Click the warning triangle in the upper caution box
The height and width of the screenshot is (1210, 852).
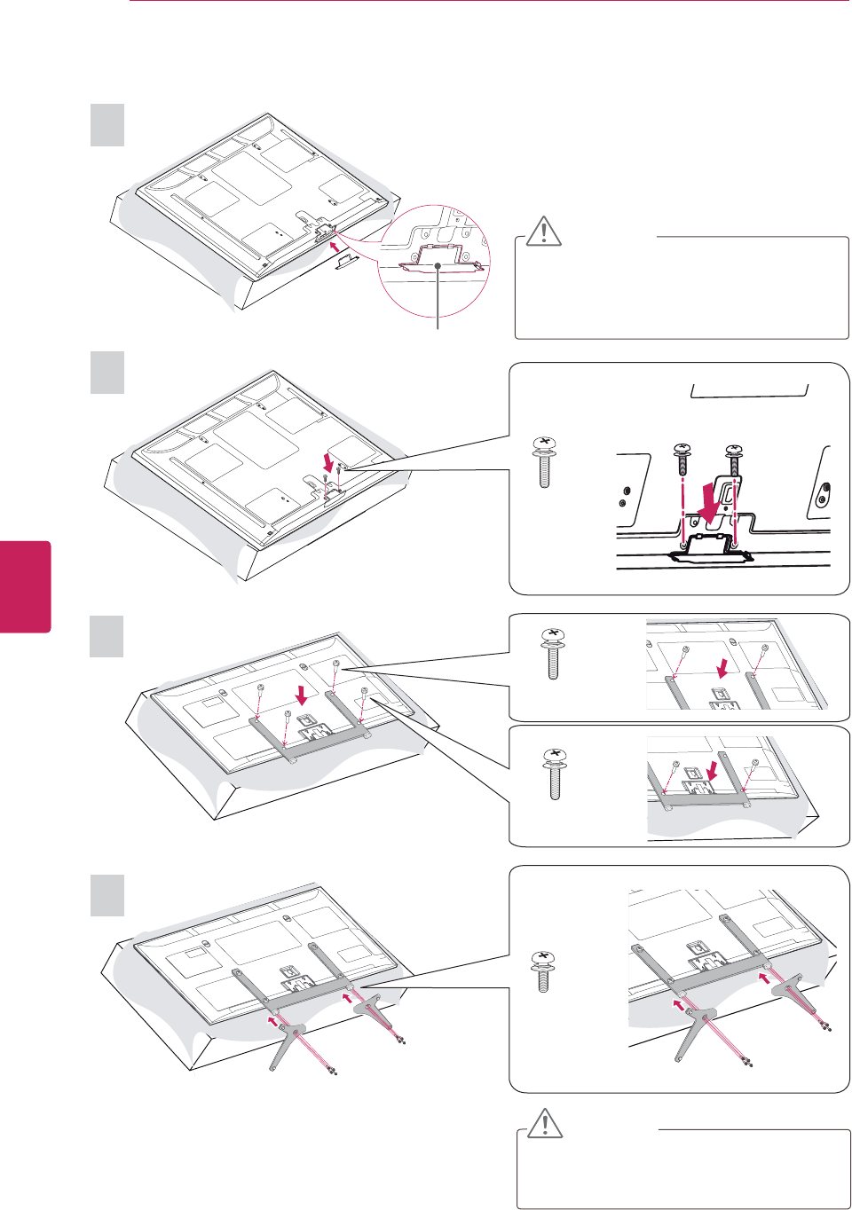[x=543, y=230]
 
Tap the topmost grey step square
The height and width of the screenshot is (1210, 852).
[x=107, y=125]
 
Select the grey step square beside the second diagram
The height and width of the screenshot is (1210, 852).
[x=107, y=373]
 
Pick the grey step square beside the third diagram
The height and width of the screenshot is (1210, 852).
[x=107, y=636]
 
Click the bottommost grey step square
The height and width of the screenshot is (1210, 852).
[x=107, y=895]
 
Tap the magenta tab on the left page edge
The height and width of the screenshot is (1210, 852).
[x=25, y=586]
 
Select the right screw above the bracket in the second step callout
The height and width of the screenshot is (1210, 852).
[x=734, y=459]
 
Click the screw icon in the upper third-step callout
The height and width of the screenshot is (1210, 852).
[x=554, y=654]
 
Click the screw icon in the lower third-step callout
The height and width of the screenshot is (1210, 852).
[x=555, y=774]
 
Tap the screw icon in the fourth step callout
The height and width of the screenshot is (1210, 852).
[x=541, y=971]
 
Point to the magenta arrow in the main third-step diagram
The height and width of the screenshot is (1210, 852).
[x=303, y=692]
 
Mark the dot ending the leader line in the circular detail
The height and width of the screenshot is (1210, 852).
[x=438, y=264]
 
